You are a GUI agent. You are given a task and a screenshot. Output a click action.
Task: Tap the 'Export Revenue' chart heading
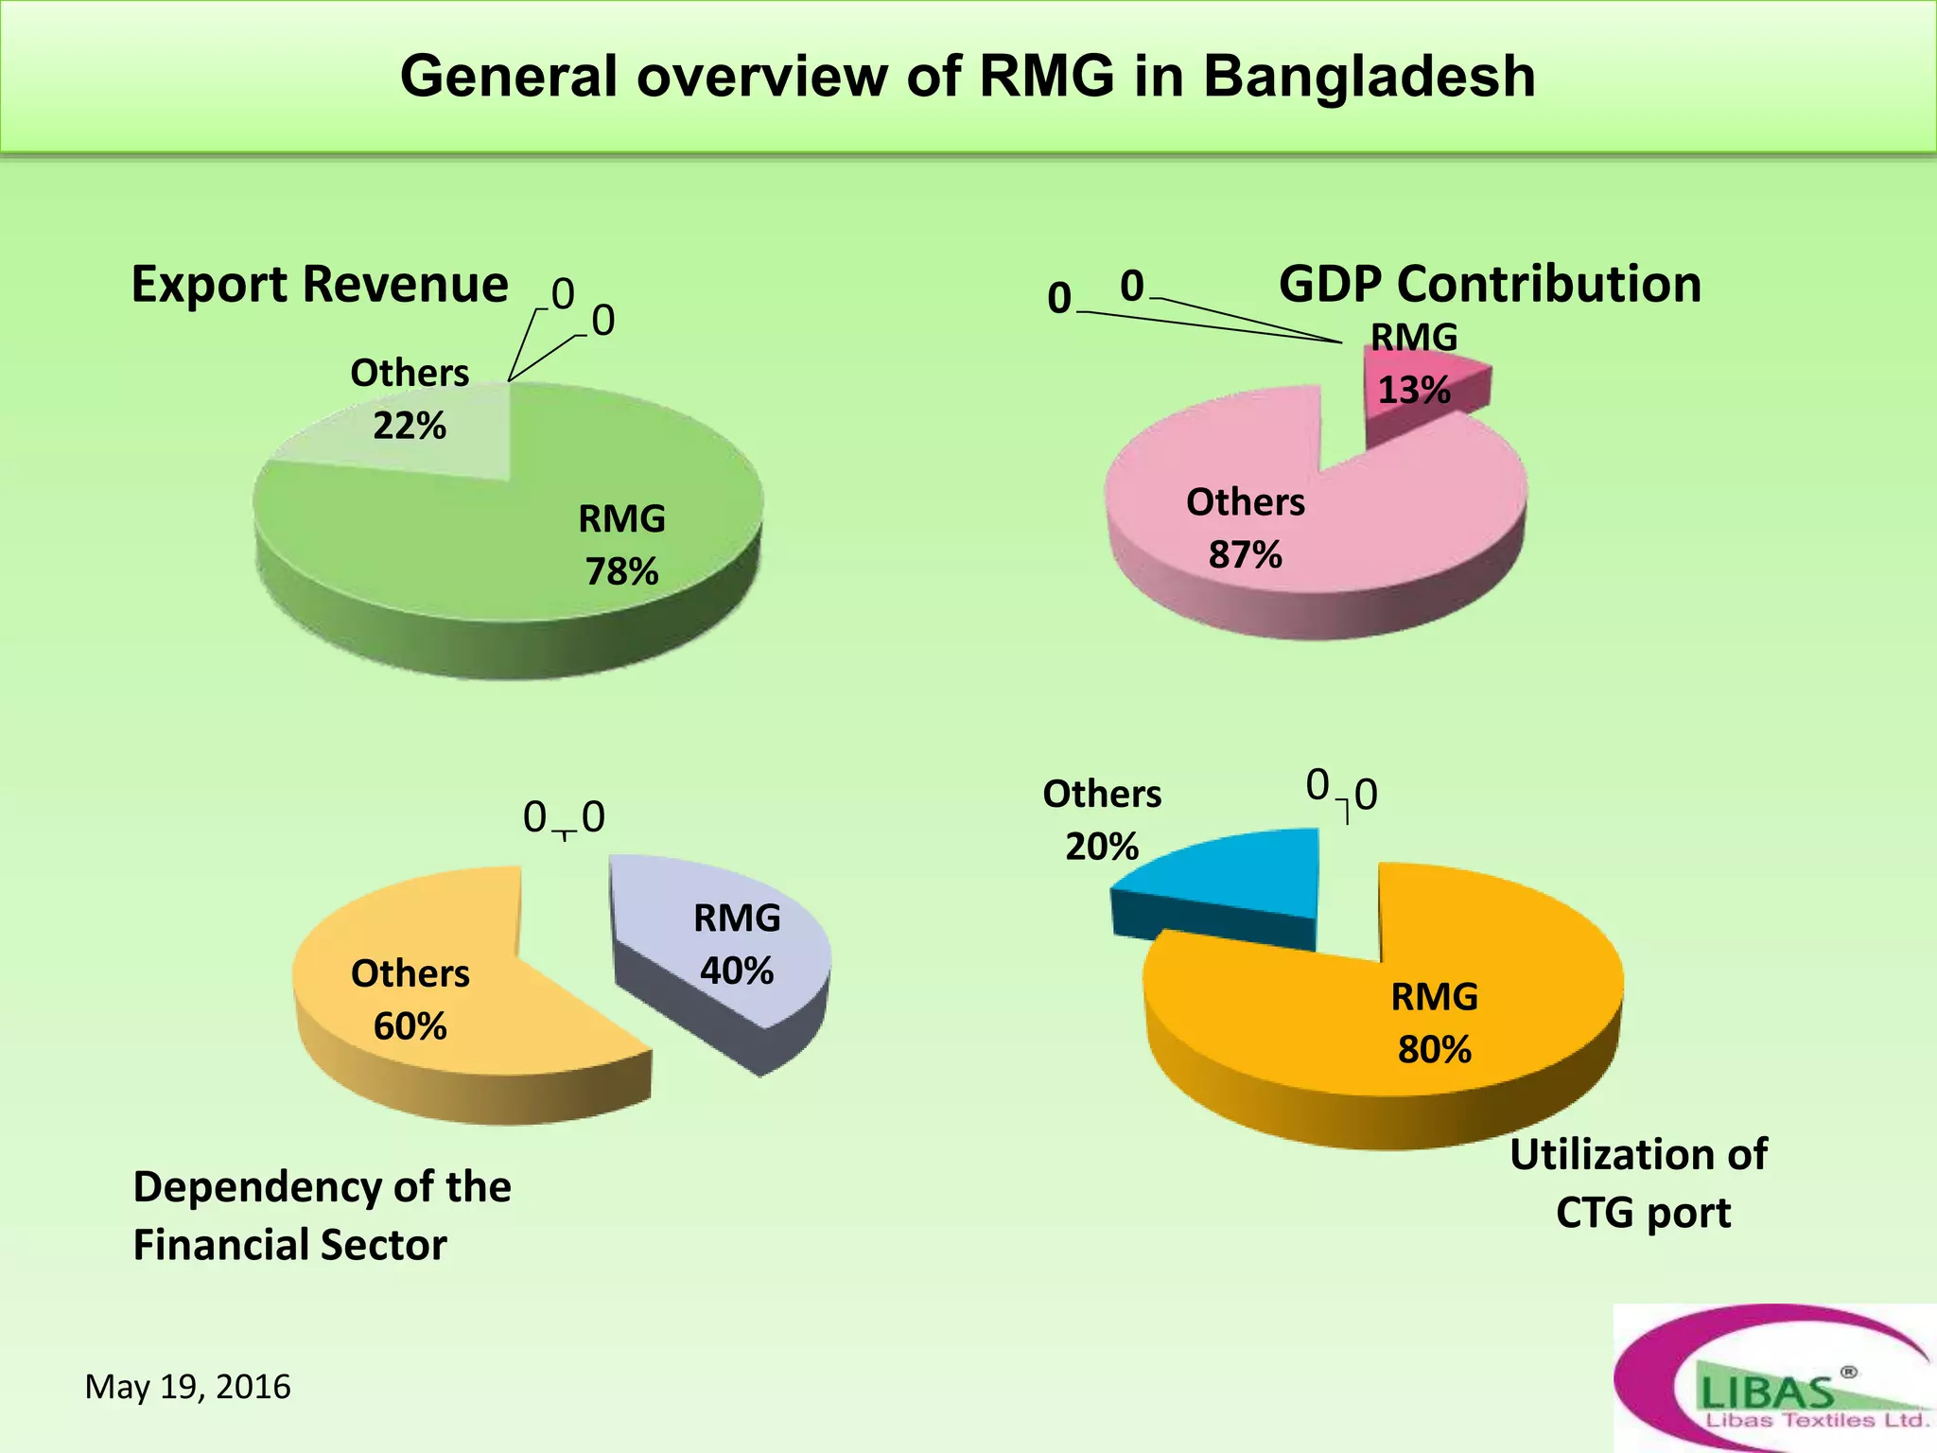click(x=320, y=284)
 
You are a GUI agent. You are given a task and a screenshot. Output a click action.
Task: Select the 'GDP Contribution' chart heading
click(x=1490, y=284)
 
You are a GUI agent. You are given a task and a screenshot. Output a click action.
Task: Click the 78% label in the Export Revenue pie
click(x=621, y=571)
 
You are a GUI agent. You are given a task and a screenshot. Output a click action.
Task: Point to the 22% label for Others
click(x=409, y=426)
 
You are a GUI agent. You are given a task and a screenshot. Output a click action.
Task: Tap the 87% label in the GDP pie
click(x=1245, y=554)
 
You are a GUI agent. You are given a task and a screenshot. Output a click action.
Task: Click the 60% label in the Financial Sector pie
click(x=410, y=1026)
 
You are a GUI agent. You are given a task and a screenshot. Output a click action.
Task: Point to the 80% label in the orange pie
click(x=1435, y=1049)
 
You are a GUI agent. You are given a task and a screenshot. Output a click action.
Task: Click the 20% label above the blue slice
click(x=1102, y=846)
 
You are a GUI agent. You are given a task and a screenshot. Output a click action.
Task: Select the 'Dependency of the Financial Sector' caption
click(x=322, y=1216)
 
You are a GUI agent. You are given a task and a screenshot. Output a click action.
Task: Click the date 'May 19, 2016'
click(x=188, y=1387)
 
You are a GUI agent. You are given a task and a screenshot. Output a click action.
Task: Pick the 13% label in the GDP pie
click(x=1414, y=390)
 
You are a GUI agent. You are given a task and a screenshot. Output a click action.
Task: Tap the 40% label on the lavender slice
click(x=737, y=971)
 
